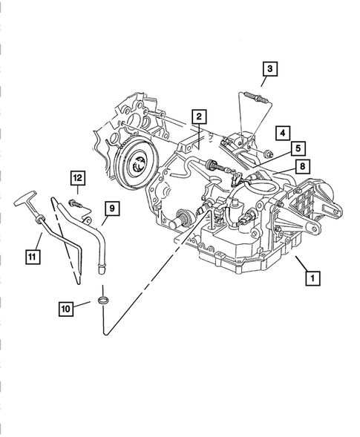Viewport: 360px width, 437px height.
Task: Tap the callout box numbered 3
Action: pos(270,69)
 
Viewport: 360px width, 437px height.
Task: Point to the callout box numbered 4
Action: pos(283,134)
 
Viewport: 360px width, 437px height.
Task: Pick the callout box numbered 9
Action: pos(109,208)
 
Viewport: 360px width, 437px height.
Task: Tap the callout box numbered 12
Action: pos(77,177)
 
